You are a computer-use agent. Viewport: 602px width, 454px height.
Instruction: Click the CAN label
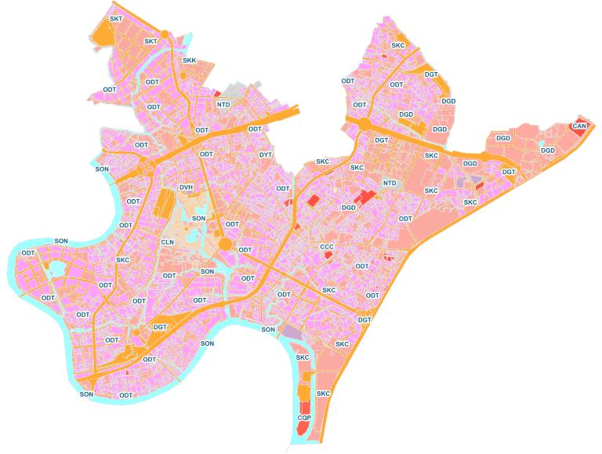[x=579, y=125]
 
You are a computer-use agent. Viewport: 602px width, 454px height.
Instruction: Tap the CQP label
[x=304, y=419]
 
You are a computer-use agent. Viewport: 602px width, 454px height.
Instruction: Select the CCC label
[x=327, y=247]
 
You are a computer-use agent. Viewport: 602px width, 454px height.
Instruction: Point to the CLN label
[x=167, y=242]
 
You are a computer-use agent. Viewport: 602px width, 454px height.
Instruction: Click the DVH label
[x=186, y=187]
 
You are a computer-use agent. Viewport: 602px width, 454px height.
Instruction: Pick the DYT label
[x=266, y=154]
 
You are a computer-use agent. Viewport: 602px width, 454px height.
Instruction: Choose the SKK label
[x=190, y=60]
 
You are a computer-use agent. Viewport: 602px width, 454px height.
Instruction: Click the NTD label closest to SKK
[x=223, y=104]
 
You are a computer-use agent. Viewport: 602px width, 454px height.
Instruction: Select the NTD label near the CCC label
[x=390, y=183]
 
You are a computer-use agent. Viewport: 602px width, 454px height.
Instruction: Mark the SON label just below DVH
[x=199, y=218]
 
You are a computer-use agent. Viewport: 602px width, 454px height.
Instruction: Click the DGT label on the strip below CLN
[x=160, y=327]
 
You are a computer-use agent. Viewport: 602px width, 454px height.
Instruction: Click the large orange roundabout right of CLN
[x=226, y=245]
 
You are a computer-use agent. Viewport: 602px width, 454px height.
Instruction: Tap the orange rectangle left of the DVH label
[x=165, y=203]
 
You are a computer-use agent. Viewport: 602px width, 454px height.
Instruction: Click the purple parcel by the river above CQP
[x=292, y=334]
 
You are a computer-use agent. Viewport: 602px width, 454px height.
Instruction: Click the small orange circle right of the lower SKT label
[x=183, y=77]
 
